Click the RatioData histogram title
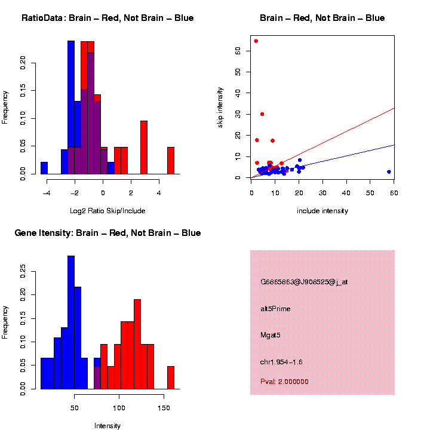pos(107,19)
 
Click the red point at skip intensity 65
pos(256,41)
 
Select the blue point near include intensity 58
pos(389,172)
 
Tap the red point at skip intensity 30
pos(262,114)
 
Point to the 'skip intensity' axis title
pos(220,106)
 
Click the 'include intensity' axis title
pos(322,211)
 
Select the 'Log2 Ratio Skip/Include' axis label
pos(107,211)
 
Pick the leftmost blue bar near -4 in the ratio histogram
pos(44,168)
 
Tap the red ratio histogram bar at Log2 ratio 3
pos(144,147)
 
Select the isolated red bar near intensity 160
pos(171,377)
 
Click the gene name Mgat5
pos(271,335)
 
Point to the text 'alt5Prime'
pos(275,309)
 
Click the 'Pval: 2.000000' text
pos(284,382)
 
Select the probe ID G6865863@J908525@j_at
pos(304,282)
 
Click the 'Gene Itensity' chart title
pos(107,233)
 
